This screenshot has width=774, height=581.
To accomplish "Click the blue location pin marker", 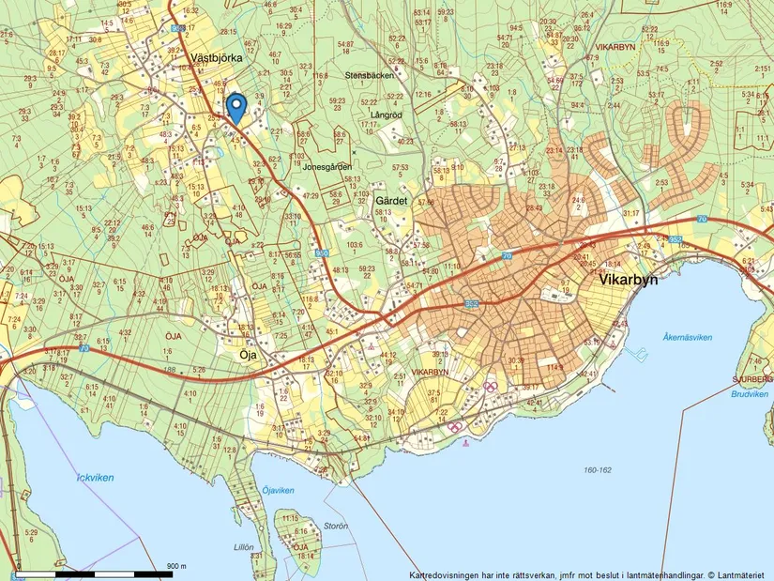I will click(236, 107).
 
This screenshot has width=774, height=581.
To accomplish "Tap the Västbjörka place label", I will click(216, 57).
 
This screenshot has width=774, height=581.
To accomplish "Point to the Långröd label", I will click(386, 115).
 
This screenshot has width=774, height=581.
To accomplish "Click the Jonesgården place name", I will click(327, 166).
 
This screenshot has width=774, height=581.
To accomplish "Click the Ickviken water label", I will click(96, 477).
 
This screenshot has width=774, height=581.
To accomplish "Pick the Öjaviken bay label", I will click(279, 490).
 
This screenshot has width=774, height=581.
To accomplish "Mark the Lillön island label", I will click(243, 546).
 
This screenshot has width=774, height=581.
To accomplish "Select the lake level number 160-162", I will click(597, 469).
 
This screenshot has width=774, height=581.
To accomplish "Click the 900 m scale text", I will click(177, 566).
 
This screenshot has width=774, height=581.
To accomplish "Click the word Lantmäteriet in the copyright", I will click(740, 574).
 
